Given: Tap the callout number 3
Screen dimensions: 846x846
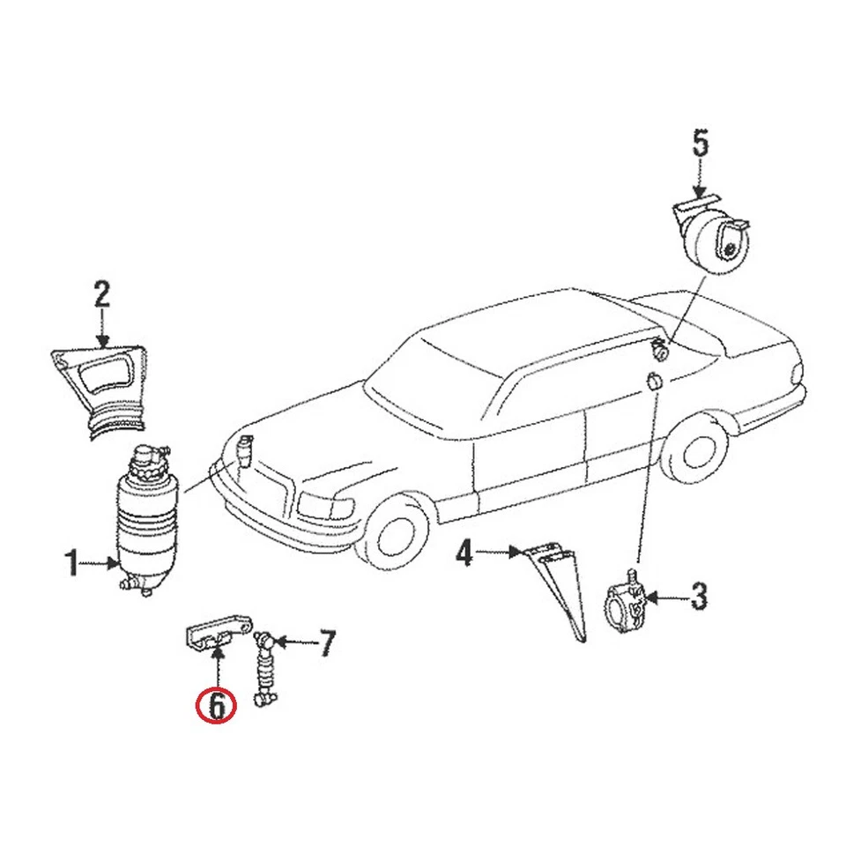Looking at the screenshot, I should tap(698, 597).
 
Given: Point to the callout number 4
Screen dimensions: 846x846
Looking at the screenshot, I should tap(464, 553).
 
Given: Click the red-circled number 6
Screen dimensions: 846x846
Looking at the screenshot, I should tap(217, 704).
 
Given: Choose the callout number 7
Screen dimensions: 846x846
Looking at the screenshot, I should tap(325, 644).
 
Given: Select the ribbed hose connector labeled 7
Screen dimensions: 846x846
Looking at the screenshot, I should tap(264, 668).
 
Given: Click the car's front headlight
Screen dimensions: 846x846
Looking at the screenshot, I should tap(326, 505).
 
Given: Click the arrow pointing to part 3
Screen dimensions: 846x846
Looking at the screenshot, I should tap(665, 597).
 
